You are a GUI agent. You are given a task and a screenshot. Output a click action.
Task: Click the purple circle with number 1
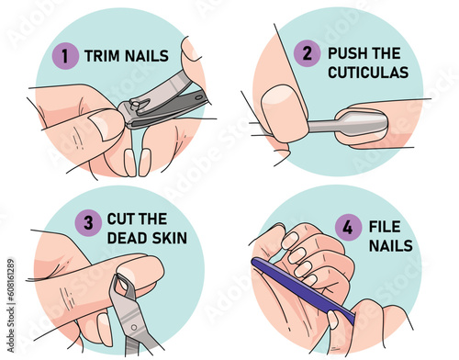point(65,56)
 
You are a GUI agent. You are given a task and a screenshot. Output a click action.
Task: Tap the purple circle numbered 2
point(307,53)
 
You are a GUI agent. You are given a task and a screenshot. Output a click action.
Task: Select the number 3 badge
point(88,223)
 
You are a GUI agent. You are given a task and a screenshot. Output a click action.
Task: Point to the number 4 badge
point(348,228)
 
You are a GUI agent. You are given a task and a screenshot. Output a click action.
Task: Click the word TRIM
point(102,56)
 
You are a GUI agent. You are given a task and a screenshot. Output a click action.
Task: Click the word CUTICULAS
point(368,73)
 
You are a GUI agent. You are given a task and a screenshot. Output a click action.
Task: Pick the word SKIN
point(170,238)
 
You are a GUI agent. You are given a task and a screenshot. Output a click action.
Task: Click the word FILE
point(385,227)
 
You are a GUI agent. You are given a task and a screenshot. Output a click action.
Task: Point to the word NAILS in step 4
point(391,245)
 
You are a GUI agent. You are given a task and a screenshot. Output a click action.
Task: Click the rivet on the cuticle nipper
point(134,328)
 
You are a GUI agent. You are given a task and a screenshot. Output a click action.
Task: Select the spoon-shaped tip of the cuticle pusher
point(361,123)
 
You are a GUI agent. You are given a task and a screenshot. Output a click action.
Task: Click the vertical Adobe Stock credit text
point(11,306)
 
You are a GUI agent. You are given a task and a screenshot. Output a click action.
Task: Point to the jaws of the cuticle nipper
point(124,286)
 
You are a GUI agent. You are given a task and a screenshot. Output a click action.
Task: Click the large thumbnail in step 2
point(283,112)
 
